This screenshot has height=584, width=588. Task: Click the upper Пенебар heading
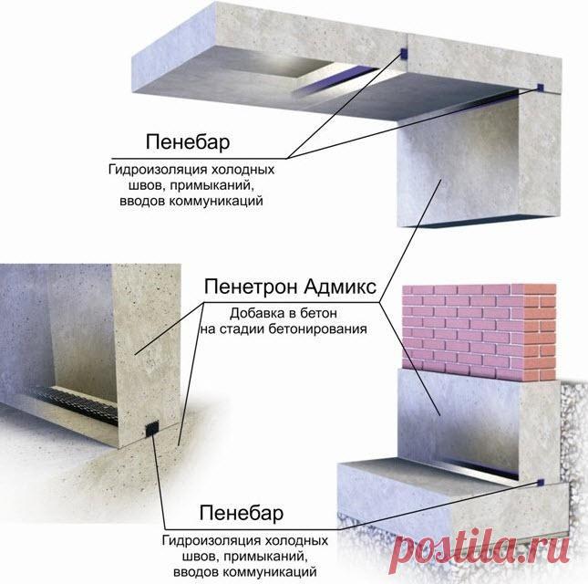(188, 142)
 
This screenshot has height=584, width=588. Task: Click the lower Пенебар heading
(242, 513)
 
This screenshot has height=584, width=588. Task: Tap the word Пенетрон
(252, 287)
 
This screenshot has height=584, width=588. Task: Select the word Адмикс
(340, 287)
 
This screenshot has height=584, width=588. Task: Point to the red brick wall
(480, 332)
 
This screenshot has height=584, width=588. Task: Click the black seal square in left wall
(151, 428)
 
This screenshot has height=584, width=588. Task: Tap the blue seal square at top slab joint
(402, 54)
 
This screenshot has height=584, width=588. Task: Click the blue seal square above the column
(540, 88)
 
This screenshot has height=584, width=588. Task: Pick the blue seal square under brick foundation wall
(541, 483)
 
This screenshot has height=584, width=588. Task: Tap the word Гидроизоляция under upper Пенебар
(158, 170)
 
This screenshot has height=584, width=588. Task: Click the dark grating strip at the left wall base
(75, 404)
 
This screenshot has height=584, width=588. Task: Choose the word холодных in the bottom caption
(296, 541)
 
